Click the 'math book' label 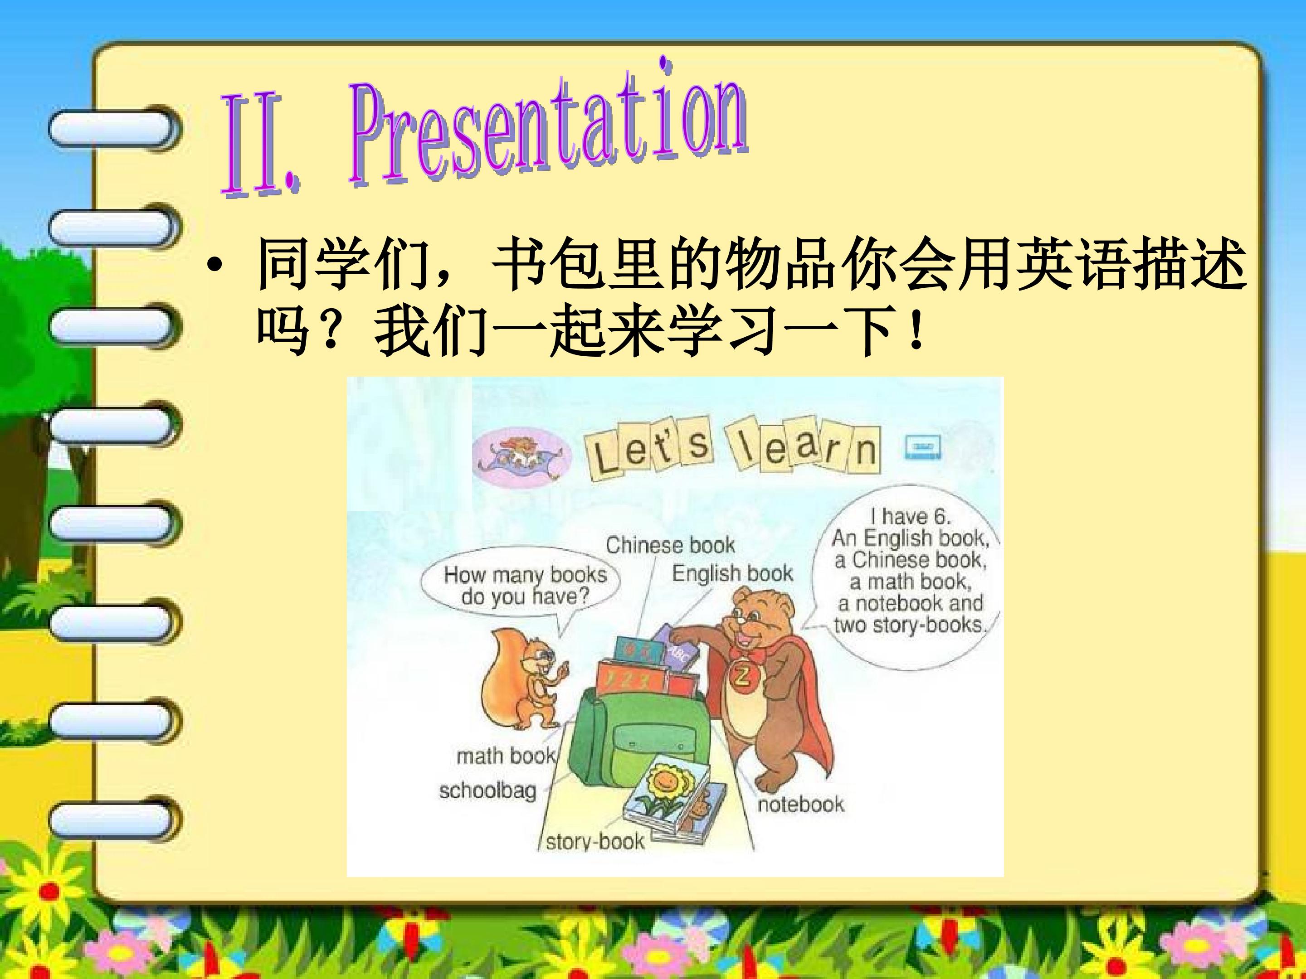506,756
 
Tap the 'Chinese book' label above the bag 670,545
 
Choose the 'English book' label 732,573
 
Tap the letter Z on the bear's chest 741,676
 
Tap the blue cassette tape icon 923,447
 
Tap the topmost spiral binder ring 112,128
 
